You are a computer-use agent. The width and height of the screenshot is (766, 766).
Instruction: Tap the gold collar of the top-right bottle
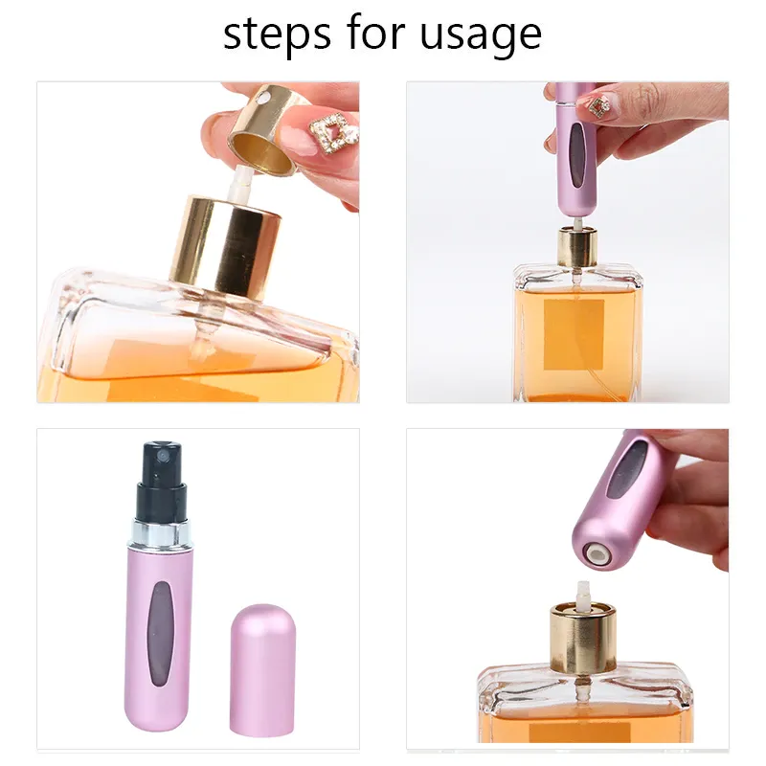(576, 247)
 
